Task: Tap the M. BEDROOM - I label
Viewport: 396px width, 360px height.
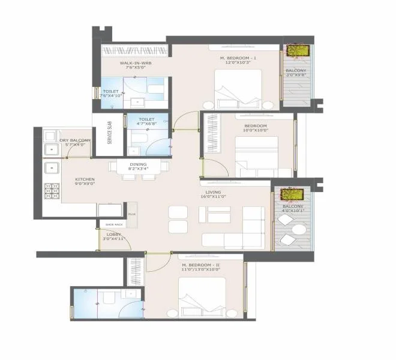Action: point(238,58)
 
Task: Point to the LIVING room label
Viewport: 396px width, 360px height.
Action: point(213,192)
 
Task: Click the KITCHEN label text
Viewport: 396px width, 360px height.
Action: point(85,179)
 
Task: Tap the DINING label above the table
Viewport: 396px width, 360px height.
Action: point(138,164)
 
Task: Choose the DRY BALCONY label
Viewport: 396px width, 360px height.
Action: point(72,141)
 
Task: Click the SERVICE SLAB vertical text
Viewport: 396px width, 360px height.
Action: point(109,133)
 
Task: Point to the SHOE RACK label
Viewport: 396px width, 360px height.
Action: point(114,224)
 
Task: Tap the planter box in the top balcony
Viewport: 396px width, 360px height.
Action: point(296,50)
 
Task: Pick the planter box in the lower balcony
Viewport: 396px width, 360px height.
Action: point(291,194)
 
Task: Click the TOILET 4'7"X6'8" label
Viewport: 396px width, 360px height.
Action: point(147,122)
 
